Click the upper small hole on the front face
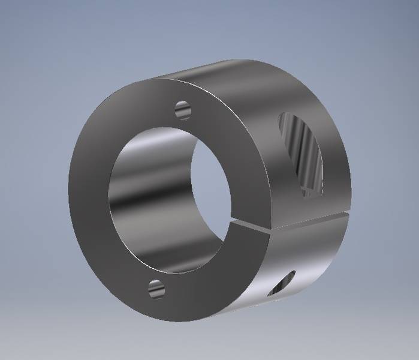[182, 110]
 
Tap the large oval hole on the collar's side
[301, 154]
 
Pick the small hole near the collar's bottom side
[283, 283]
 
